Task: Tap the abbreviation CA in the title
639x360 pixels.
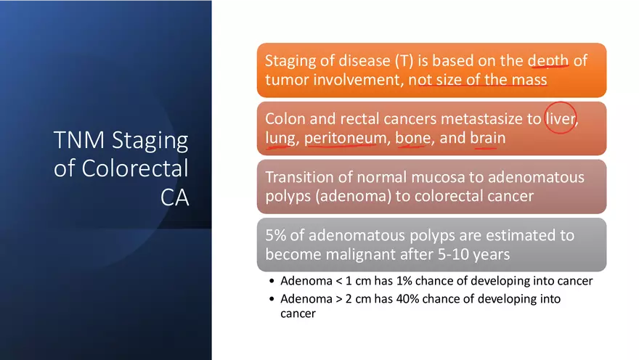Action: coord(174,197)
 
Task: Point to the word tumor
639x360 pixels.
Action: coord(286,79)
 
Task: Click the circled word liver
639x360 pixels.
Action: coord(561,119)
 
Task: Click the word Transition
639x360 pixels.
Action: coord(300,178)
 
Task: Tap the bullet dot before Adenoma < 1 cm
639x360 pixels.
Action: coord(272,282)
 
